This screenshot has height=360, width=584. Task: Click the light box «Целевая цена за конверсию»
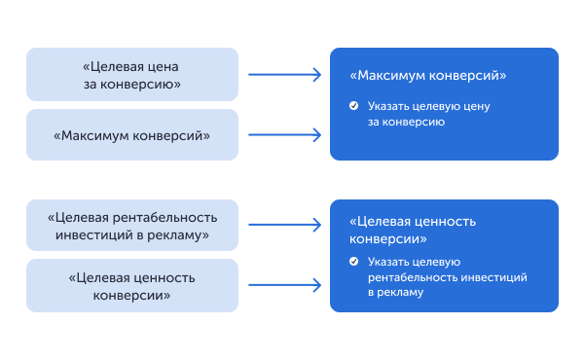point(131,75)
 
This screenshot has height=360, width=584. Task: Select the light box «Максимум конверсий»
point(131,135)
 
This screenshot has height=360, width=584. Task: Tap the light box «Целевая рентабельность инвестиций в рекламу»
point(131,226)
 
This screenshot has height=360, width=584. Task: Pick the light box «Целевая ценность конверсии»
point(131,285)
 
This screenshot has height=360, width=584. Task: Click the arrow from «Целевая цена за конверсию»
point(284,74)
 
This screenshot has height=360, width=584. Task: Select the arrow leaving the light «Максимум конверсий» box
point(284,135)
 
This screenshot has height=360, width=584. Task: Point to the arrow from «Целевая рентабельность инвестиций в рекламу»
point(284,225)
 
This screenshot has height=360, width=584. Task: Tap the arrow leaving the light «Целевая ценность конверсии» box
point(284,285)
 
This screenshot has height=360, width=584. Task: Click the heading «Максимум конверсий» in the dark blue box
point(428,75)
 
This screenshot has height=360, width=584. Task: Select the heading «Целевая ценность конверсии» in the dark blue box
point(413,230)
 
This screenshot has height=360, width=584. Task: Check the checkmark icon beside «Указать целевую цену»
point(354,104)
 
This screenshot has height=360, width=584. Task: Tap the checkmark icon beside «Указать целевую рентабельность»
point(354,262)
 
